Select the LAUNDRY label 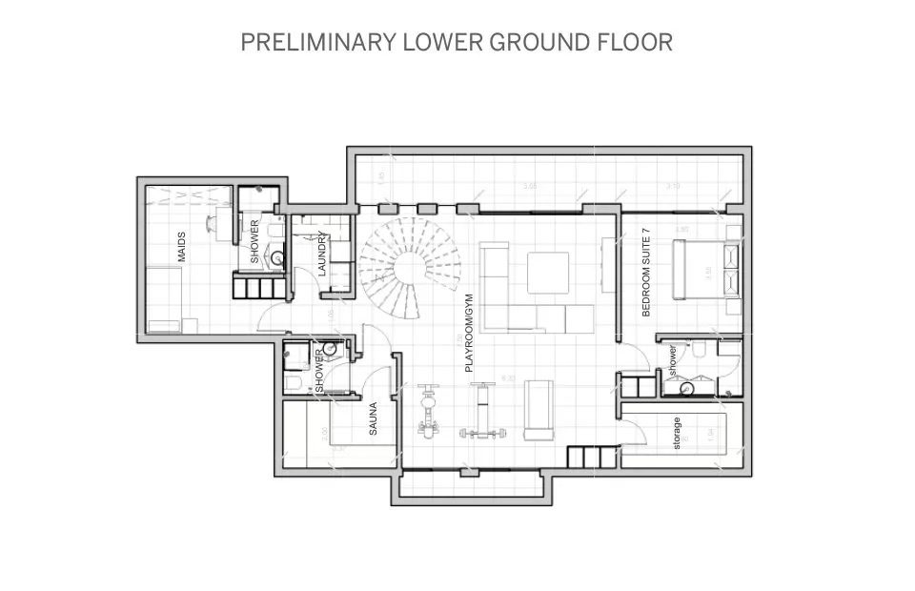(x=323, y=255)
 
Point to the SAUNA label (x=374, y=418)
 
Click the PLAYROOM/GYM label (x=469, y=338)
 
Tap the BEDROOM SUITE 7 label (x=646, y=272)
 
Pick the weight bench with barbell (x=483, y=413)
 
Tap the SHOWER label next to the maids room (x=254, y=242)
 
